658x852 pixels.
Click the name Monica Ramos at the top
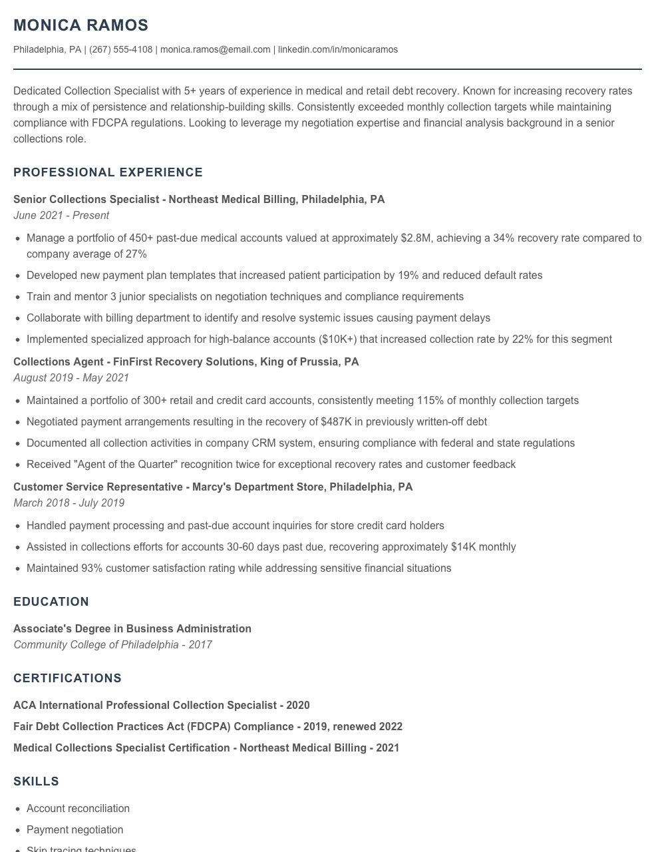81,25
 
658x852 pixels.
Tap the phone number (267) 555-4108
120,49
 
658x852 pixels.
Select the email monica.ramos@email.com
215,49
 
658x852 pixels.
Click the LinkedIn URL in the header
338,49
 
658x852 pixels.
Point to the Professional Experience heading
108,172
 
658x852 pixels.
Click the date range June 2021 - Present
61,216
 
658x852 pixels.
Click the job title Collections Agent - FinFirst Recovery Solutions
186,362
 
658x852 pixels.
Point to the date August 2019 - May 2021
71,378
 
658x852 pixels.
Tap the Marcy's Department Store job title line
213,487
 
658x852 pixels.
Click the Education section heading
51,602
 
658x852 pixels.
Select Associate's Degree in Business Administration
132,629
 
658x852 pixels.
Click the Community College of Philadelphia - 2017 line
112,645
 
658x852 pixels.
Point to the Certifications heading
67,678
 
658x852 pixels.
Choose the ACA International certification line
161,706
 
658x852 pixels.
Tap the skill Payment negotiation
75,830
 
